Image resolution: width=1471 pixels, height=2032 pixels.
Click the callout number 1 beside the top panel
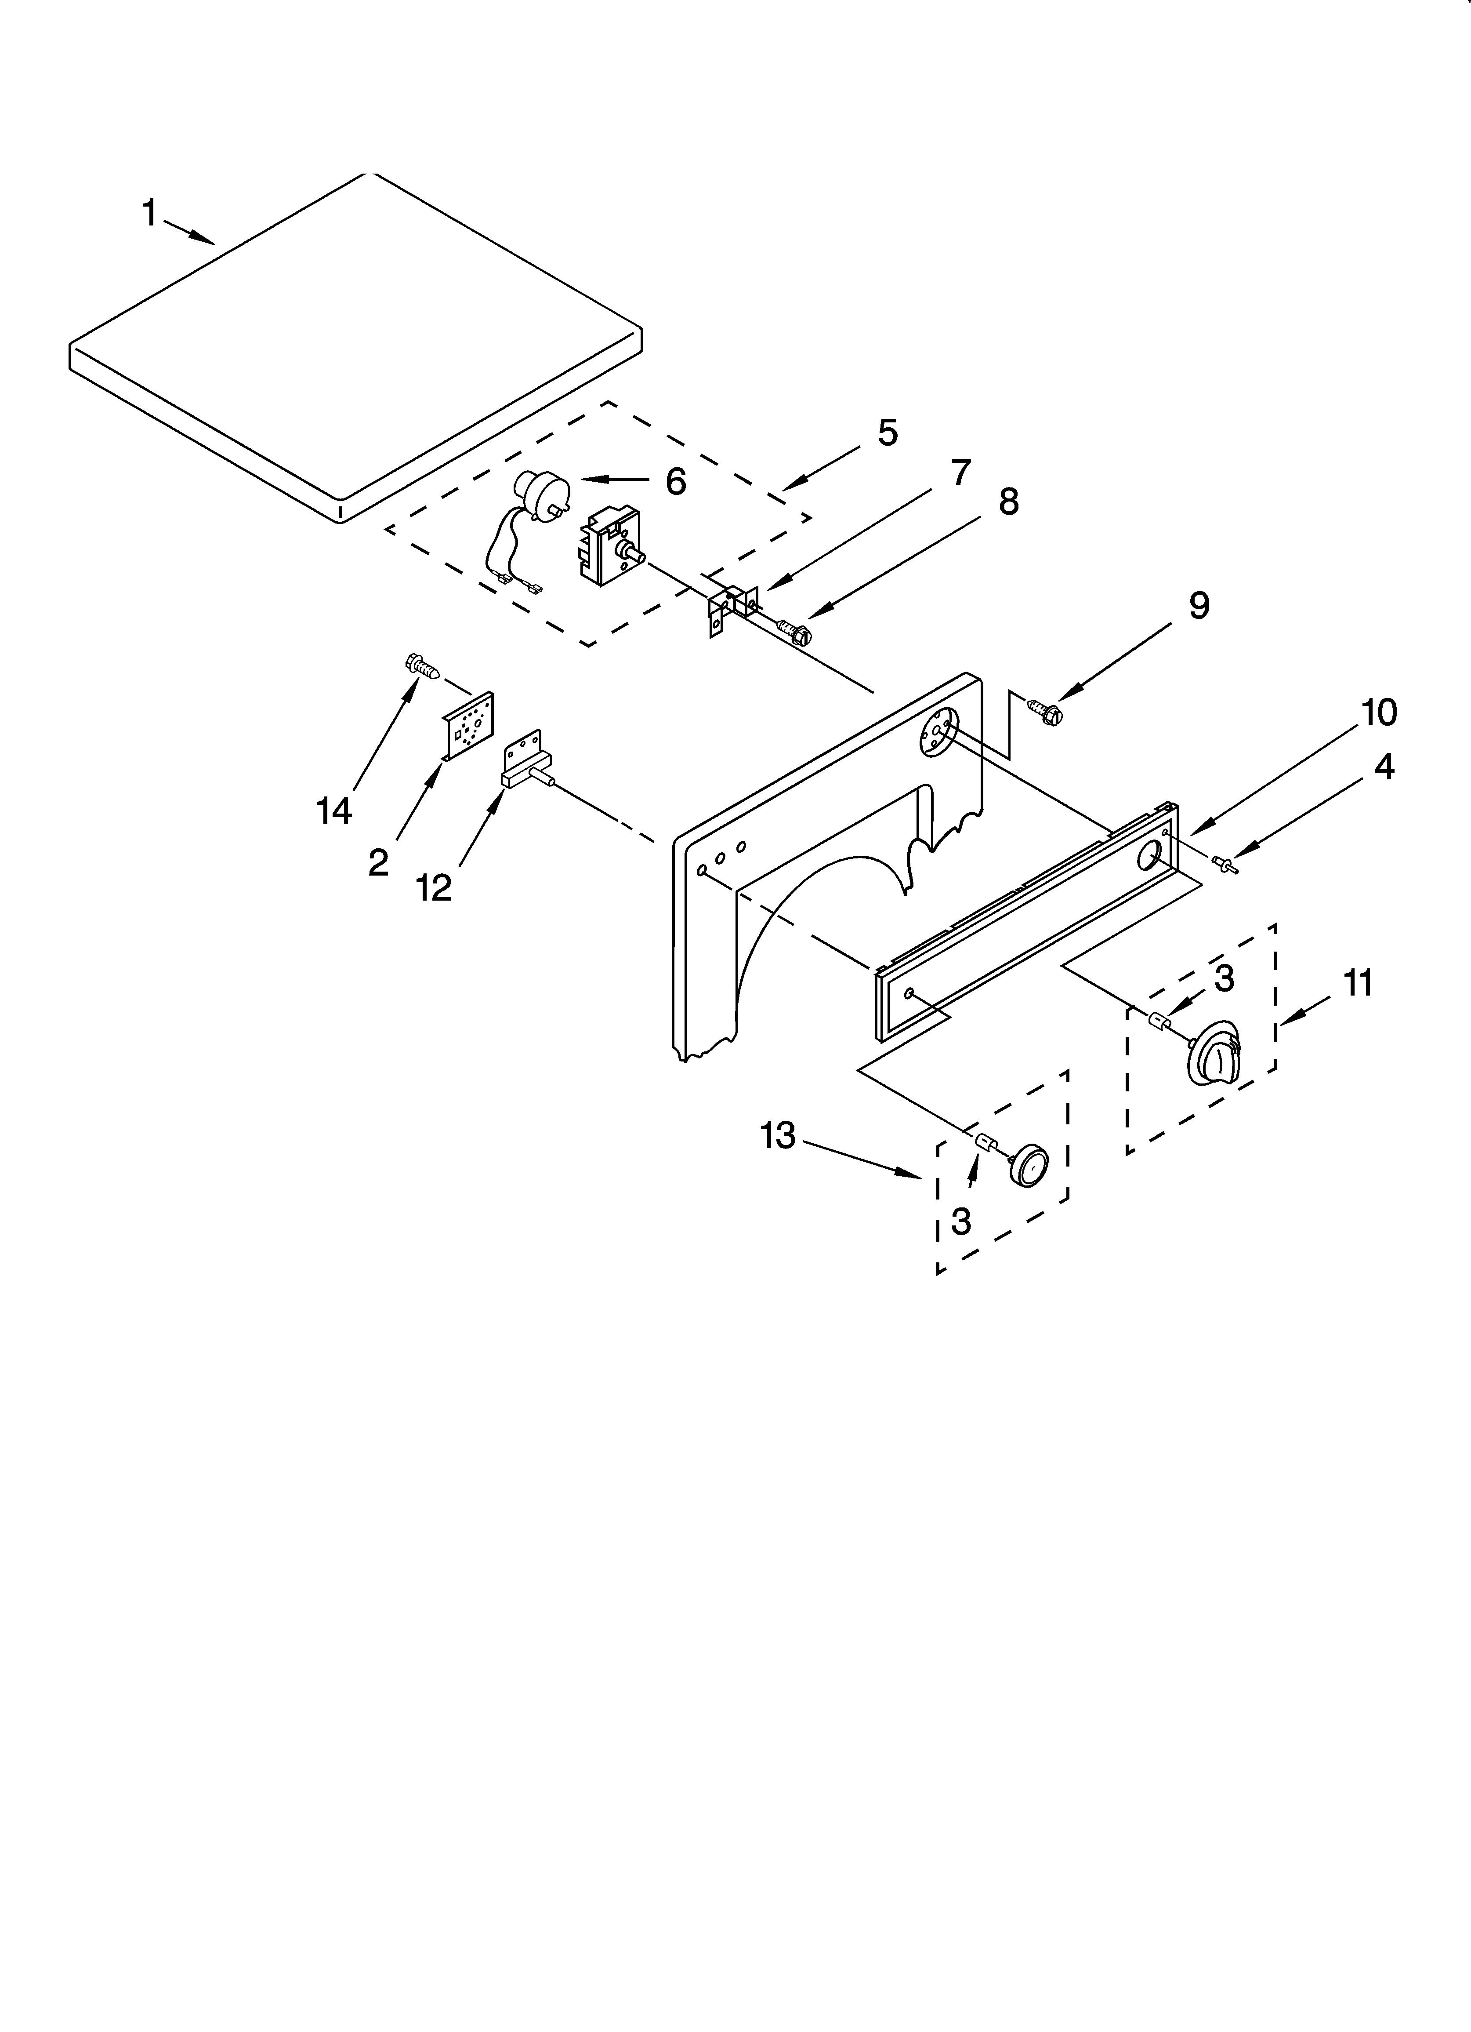(x=150, y=214)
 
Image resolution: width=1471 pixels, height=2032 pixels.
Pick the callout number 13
(x=778, y=1136)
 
